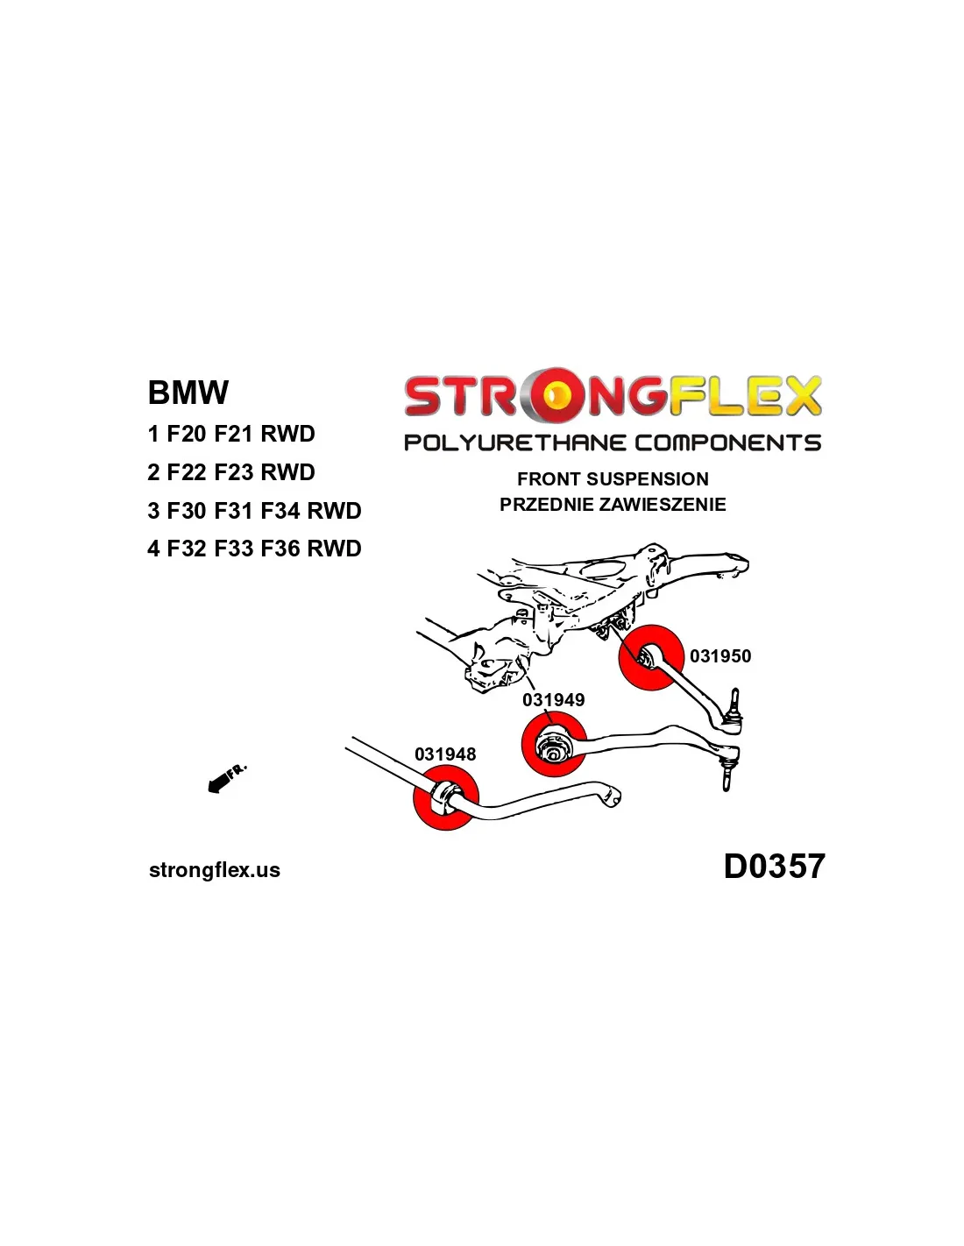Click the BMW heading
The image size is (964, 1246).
tap(188, 393)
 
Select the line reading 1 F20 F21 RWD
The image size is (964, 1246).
tap(230, 434)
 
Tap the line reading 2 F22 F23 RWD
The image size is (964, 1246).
tap(230, 472)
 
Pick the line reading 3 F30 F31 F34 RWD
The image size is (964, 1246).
tap(254, 511)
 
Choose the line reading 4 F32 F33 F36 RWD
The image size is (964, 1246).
tap(254, 549)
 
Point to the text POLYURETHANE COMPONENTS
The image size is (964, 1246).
tap(613, 442)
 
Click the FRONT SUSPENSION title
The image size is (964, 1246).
tap(613, 479)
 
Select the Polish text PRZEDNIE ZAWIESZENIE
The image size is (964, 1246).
tap(613, 505)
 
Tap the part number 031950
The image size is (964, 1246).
tap(720, 656)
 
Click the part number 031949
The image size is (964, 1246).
tap(553, 700)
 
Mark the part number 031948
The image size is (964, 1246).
tap(445, 754)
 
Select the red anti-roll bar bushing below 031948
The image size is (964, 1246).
tap(445, 798)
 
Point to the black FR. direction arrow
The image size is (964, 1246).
tap(220, 782)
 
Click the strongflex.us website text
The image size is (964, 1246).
tap(215, 870)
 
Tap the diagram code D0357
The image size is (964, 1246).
tap(774, 867)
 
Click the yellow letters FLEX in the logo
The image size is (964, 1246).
tap(745, 396)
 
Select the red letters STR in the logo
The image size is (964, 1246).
tap(460, 396)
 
